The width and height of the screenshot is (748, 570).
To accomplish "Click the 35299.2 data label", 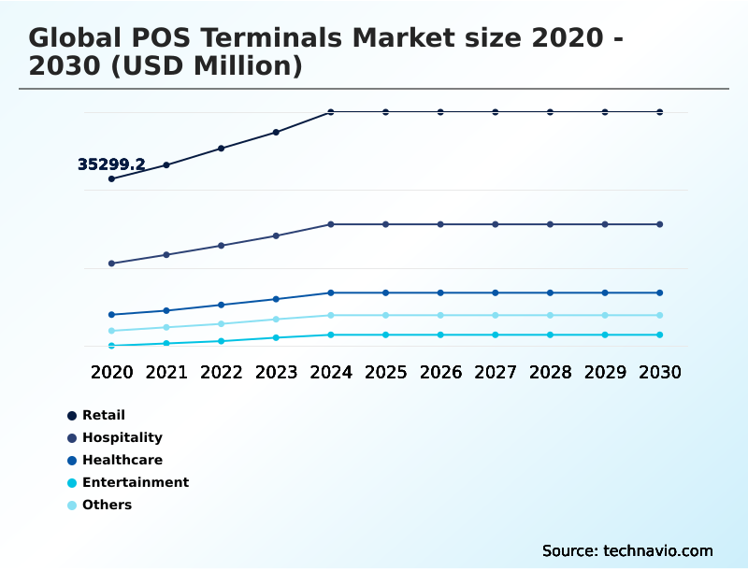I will tap(111, 164).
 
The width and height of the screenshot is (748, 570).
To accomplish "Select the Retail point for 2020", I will tap(112, 178).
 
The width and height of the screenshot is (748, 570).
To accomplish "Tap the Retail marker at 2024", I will tap(331, 112).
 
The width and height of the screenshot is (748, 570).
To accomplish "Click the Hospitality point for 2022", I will tap(222, 246).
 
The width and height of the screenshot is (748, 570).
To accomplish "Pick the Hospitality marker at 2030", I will tap(660, 224).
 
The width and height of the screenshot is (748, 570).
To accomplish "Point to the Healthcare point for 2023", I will tap(276, 299).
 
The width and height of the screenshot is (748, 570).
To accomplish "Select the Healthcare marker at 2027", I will tap(496, 292).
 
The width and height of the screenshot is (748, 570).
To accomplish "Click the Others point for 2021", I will tap(166, 327).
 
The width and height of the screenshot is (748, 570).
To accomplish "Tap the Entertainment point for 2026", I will tap(440, 335).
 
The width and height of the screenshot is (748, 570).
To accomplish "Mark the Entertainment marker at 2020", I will tap(112, 346).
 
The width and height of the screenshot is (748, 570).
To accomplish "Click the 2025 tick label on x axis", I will tap(385, 372).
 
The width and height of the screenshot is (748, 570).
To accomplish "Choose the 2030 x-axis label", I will tap(660, 372).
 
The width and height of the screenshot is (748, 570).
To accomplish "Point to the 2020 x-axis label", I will tap(112, 372).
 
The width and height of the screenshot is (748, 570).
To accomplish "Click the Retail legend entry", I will tap(103, 415).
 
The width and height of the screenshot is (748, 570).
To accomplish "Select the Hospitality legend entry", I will tap(122, 437).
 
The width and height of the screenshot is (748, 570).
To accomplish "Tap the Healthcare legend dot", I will tap(72, 460).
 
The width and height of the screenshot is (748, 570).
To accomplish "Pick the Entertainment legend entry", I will tap(135, 482).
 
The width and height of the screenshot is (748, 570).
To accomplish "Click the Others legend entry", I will tap(107, 505).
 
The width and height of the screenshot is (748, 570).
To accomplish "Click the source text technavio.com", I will tap(655, 550).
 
